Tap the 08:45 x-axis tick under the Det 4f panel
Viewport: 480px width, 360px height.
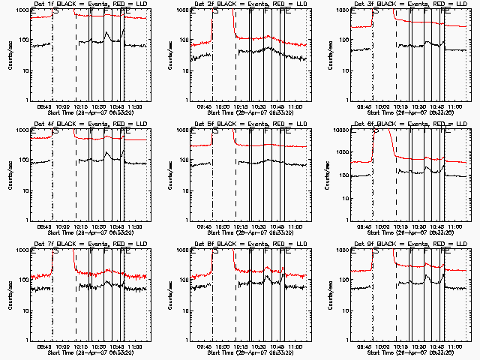(x=44, y=227)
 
